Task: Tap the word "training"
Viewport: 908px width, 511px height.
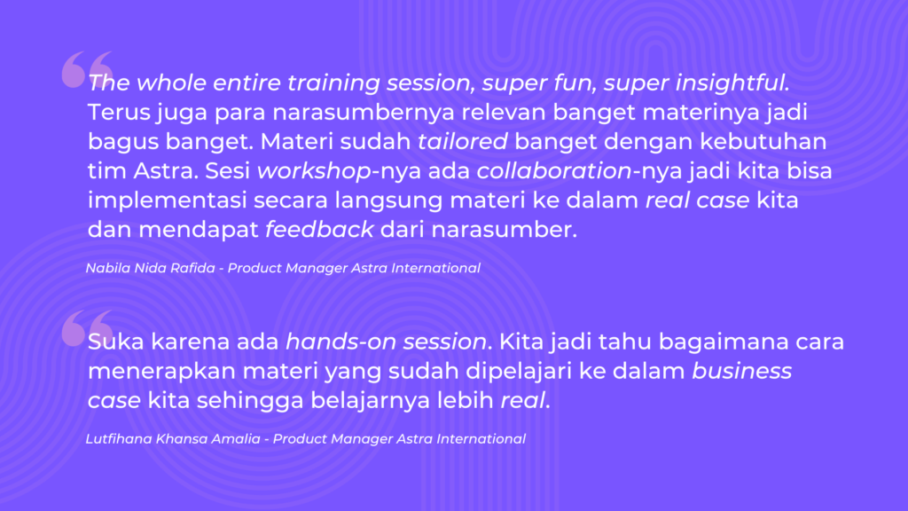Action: point(333,83)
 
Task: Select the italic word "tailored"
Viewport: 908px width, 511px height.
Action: point(463,141)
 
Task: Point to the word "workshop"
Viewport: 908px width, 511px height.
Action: point(314,171)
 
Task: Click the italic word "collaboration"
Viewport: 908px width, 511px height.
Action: point(553,171)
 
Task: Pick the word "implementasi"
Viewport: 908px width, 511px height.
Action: point(167,200)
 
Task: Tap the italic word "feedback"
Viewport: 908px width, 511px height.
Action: point(319,230)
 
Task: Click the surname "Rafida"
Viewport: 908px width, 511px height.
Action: point(192,268)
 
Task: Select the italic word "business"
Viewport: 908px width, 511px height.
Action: point(742,371)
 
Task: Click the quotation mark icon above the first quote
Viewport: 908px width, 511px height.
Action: point(87,69)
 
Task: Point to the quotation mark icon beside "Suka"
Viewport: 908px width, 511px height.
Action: point(87,328)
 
